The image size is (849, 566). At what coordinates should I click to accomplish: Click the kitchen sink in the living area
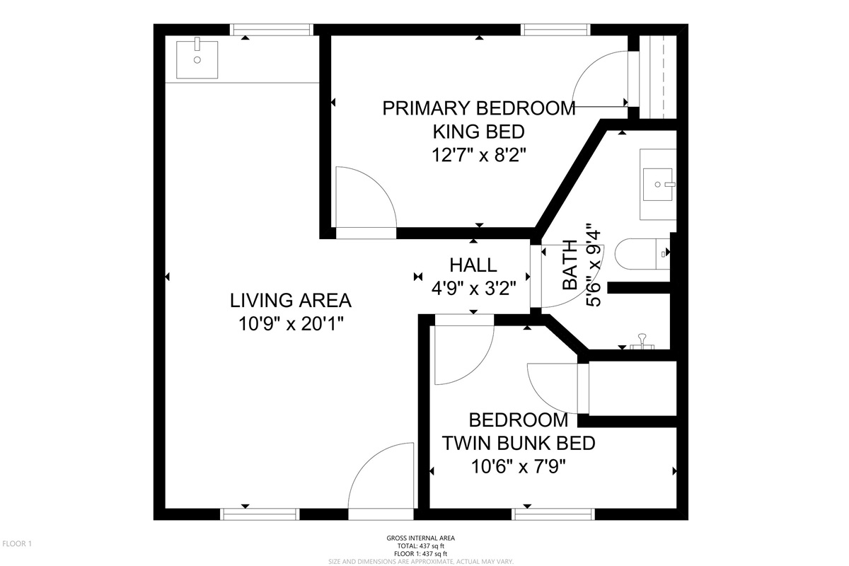click(197, 59)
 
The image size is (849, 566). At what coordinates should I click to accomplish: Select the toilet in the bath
click(642, 254)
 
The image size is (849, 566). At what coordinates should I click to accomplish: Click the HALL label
click(473, 265)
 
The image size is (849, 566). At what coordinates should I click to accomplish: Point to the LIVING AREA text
click(291, 301)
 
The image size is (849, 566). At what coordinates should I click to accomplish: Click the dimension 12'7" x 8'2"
click(479, 156)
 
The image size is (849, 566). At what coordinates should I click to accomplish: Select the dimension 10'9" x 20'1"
click(291, 324)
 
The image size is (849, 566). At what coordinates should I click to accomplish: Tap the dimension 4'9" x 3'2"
click(473, 289)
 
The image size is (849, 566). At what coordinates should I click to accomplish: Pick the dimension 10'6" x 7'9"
click(518, 467)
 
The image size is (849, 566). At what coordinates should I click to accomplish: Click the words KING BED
click(479, 132)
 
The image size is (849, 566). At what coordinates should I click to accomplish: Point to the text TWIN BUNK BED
click(519, 443)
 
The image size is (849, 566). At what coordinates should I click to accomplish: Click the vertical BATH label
click(570, 265)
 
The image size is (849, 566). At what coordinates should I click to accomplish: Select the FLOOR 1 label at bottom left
click(17, 543)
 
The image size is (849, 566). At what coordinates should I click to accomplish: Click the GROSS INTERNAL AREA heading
click(421, 538)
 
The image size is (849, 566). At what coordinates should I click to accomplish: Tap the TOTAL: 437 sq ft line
click(421, 546)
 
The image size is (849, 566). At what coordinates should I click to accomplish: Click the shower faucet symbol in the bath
click(642, 342)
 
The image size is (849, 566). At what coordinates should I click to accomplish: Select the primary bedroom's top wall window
click(555, 30)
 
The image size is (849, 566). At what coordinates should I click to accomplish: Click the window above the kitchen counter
click(272, 30)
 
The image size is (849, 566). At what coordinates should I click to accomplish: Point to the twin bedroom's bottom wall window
click(553, 514)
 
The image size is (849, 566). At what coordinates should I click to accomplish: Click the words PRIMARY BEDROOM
click(479, 108)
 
